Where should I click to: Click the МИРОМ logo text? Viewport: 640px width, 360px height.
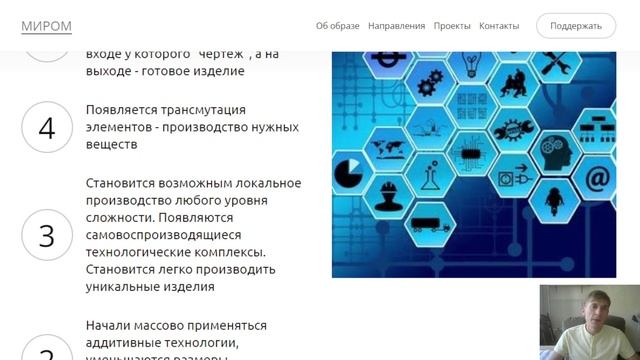tap(46, 25)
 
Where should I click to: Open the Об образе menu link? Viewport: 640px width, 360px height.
tap(338, 26)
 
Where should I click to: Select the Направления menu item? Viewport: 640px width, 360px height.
tap(396, 26)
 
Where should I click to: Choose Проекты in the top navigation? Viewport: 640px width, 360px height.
tap(452, 26)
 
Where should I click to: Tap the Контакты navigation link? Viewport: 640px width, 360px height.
tap(499, 26)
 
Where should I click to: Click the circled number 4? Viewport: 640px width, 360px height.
tap(46, 127)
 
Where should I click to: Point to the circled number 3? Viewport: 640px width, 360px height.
tap(46, 235)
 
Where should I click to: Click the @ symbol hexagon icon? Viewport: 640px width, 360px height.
tap(597, 179)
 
